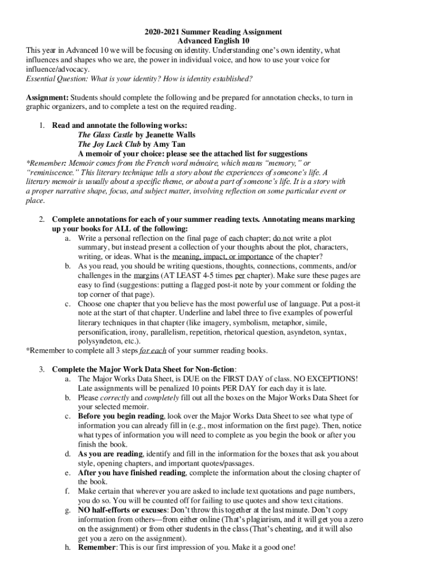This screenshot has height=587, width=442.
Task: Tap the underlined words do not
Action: (283, 238)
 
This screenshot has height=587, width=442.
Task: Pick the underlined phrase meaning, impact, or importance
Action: (223, 257)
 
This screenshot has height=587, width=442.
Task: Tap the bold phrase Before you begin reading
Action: (121, 416)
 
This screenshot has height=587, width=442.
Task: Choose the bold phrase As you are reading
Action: (111, 454)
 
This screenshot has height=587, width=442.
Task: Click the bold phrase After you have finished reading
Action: (131, 472)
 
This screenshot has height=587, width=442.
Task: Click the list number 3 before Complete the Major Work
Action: (42, 369)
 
